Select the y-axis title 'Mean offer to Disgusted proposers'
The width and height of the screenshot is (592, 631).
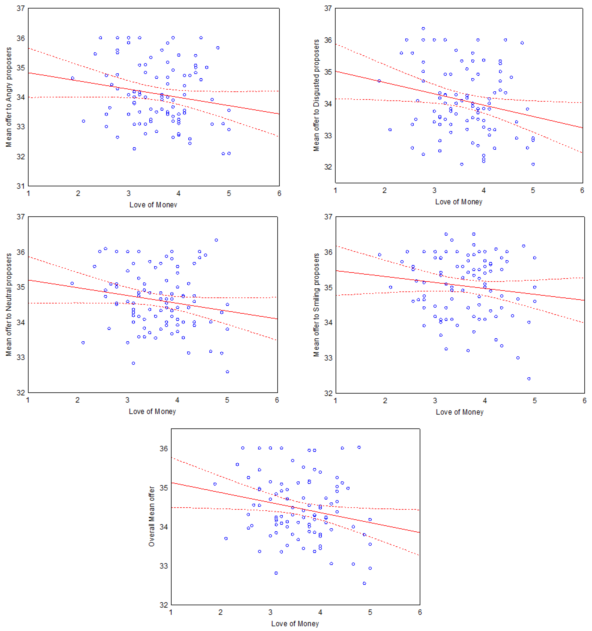coord(316,95)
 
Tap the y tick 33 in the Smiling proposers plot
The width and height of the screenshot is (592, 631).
coord(328,358)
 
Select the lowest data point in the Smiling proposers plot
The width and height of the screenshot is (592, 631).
coord(529,379)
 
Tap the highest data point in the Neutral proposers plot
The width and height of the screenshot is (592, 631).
coord(216,240)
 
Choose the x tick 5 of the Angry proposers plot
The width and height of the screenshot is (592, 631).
coord(229,194)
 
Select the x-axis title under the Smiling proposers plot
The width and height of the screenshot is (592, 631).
coord(459,412)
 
